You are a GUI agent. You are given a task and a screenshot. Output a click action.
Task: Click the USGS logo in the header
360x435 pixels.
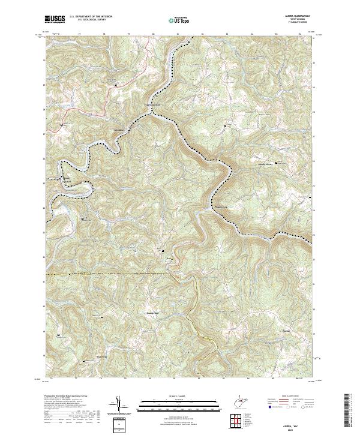coord(55,19)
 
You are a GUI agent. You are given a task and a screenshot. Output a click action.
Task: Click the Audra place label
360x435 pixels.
coord(169,259)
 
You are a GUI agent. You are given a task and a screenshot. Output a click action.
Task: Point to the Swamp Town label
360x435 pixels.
coord(152,313)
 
